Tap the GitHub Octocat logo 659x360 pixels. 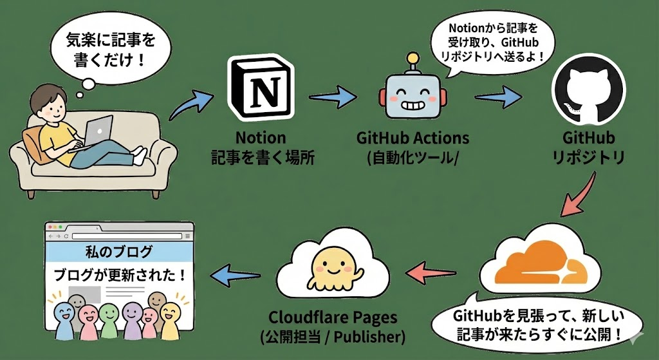pos(588,89)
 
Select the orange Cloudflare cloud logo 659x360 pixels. pos(541,264)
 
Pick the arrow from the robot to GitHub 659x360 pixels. pos(498,97)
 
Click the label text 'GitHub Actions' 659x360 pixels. pos(413,138)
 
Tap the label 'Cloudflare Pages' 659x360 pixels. pos(333,317)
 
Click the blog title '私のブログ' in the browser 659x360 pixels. pos(118,252)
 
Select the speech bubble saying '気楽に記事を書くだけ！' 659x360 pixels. pos(110,50)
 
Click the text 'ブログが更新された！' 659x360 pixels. pos(119,275)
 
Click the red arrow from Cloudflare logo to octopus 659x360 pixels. pos(431,272)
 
